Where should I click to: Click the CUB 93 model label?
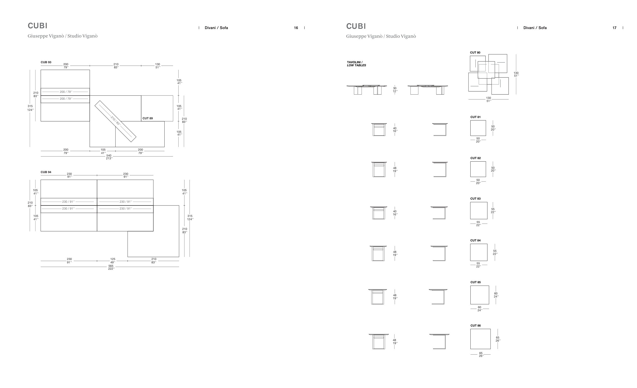point(46,62)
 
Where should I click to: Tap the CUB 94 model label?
point(46,172)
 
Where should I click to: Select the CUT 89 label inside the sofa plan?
point(148,119)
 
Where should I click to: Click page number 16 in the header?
point(296,28)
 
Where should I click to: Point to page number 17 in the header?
point(615,28)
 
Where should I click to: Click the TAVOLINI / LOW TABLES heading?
point(356,64)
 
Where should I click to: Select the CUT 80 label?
point(475,53)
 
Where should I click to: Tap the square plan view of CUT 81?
point(478,128)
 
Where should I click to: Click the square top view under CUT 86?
point(480,339)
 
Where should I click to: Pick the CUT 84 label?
point(475,241)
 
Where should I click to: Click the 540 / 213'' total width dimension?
point(109,157)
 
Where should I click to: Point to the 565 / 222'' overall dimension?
point(111,267)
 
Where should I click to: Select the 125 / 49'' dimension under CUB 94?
point(113,261)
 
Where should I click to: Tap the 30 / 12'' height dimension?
point(395,90)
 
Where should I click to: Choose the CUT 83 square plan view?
point(479,211)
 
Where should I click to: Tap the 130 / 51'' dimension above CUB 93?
point(158,66)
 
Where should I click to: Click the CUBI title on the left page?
point(37,26)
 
